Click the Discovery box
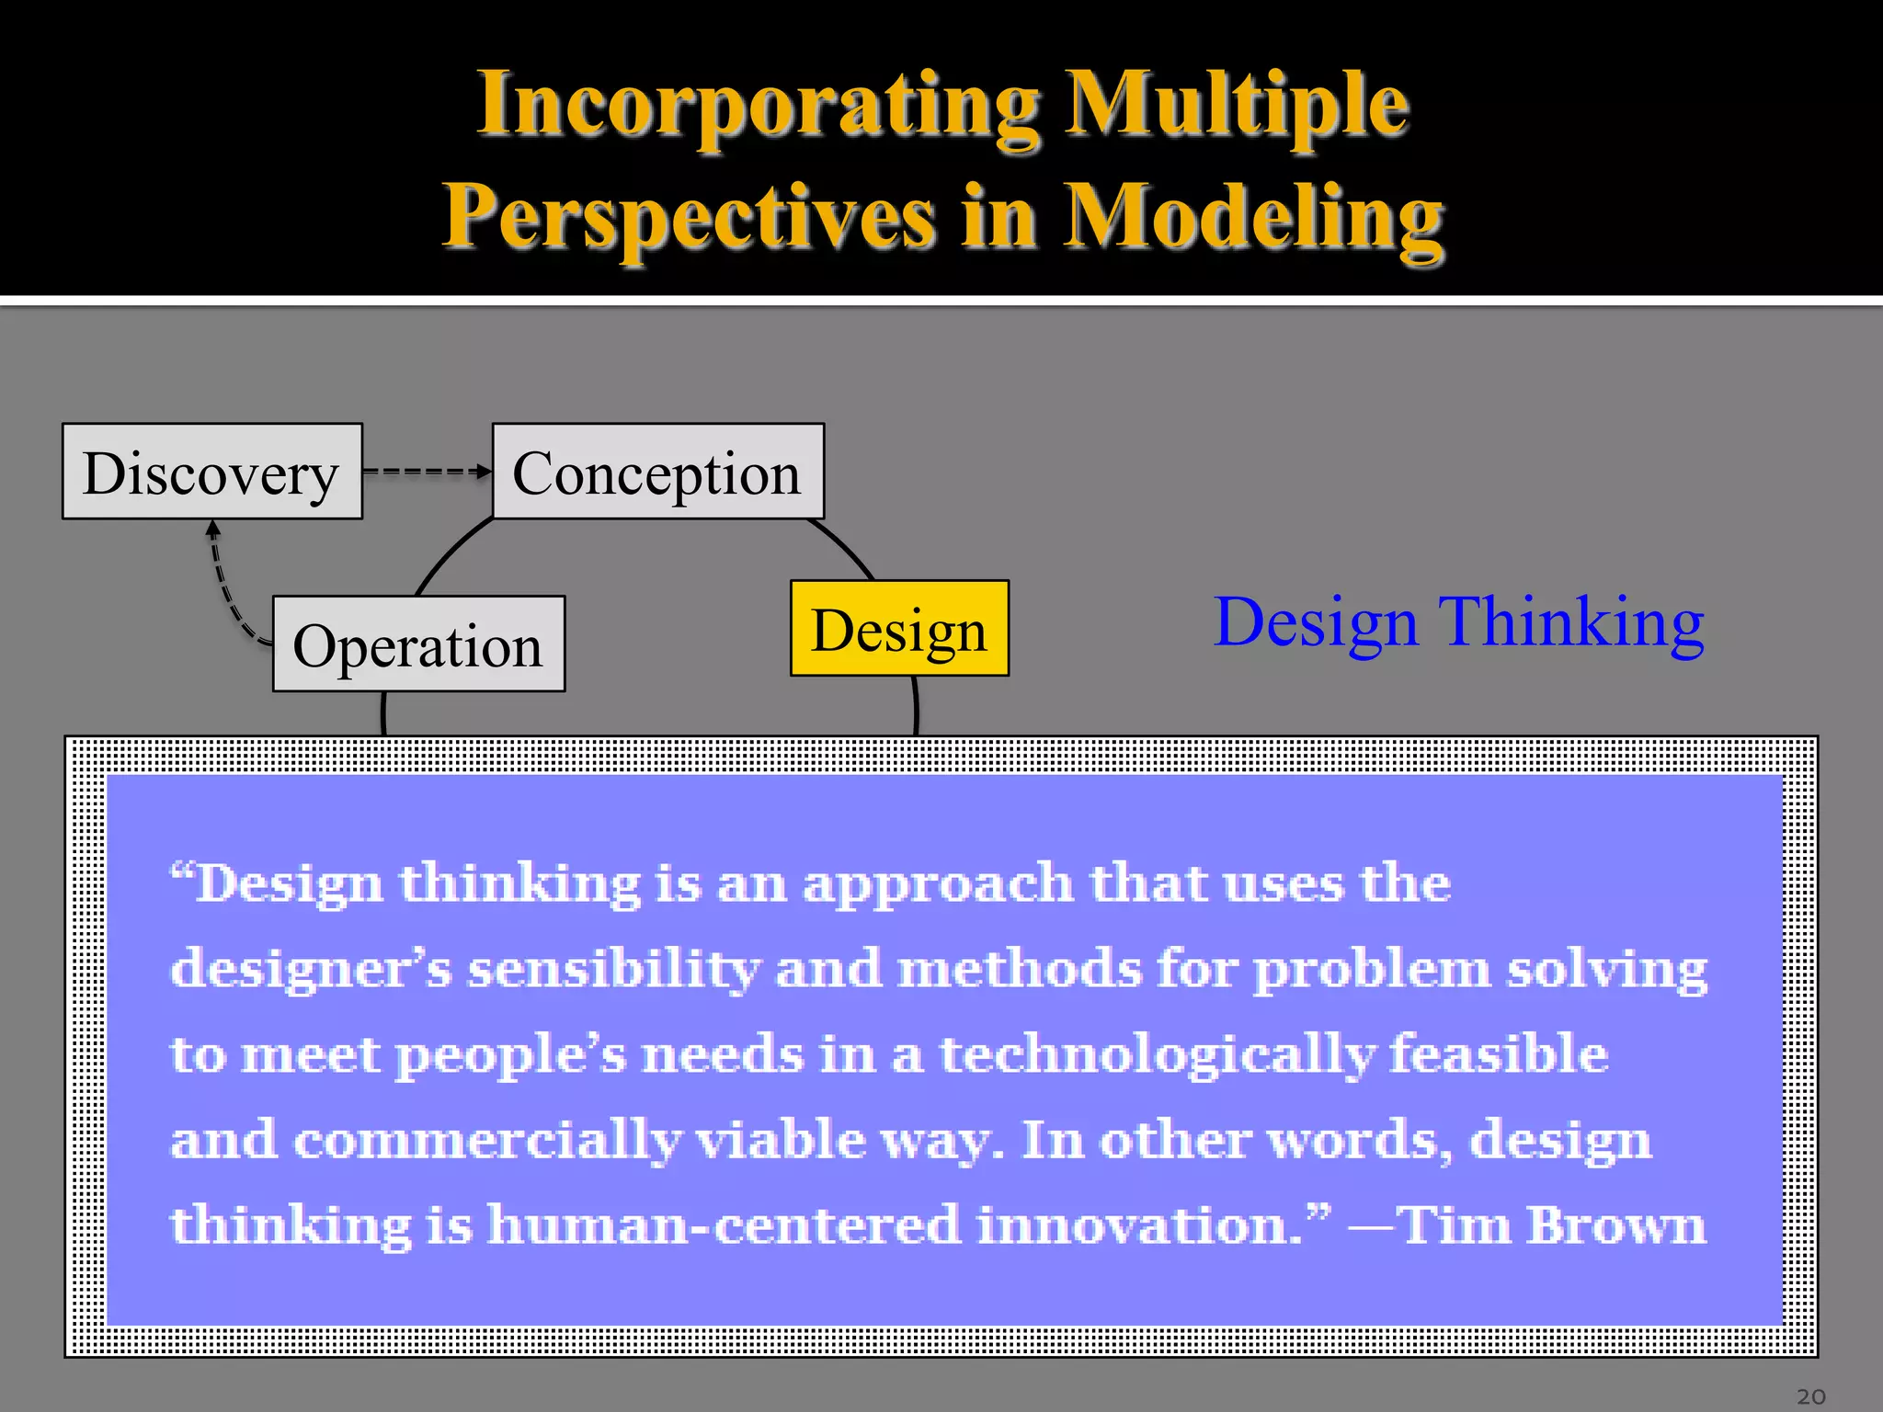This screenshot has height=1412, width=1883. click(211, 472)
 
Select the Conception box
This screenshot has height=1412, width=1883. click(657, 472)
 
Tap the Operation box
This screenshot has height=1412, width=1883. click(418, 644)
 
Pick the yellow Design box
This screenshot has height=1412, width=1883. click(899, 629)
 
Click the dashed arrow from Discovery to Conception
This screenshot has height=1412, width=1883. click(426, 472)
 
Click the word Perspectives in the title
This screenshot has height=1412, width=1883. click(690, 217)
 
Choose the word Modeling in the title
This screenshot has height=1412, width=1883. click(1254, 217)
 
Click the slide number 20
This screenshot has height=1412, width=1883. click(1810, 1396)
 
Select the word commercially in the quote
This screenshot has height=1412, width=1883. click(487, 1141)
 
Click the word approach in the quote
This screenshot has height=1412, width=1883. click(937, 885)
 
